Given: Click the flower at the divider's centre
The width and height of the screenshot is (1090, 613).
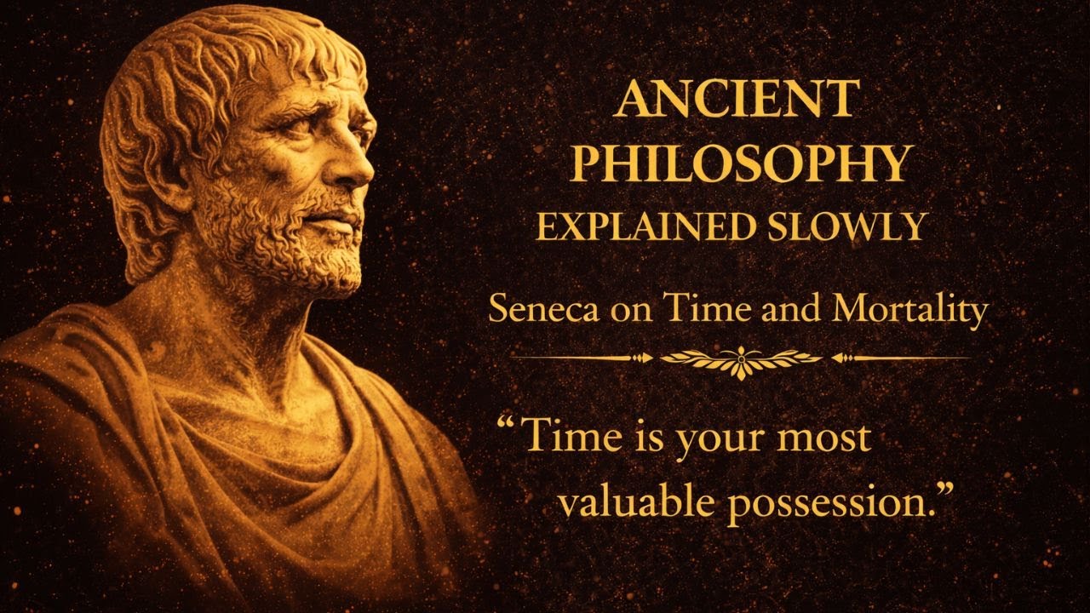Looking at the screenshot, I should (x=741, y=358).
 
